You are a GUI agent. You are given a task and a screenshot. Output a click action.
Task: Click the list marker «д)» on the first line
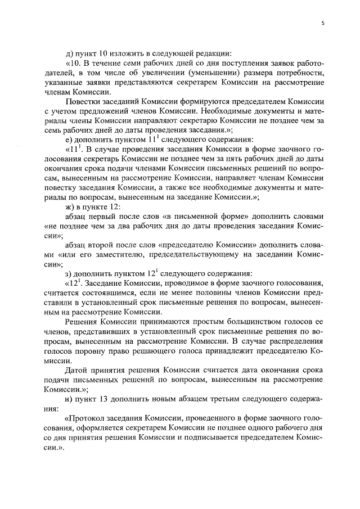(x=70, y=53)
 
